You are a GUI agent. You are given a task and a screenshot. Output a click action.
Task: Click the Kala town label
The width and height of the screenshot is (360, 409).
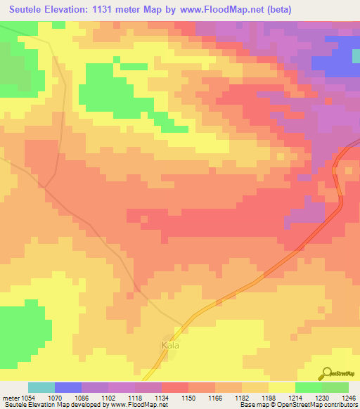coord(172,345)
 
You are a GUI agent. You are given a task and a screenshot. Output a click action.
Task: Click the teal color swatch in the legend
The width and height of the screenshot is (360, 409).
coord(41,387)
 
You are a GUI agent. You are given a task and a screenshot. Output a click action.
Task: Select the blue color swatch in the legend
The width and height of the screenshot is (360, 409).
coord(68,387)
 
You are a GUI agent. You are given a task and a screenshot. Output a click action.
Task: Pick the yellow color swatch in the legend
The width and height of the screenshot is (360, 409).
coord(281,387)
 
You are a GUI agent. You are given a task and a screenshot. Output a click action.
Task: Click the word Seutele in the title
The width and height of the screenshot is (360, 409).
coord(30,10)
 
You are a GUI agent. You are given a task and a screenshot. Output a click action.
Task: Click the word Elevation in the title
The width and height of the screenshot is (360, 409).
coord(77,10)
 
